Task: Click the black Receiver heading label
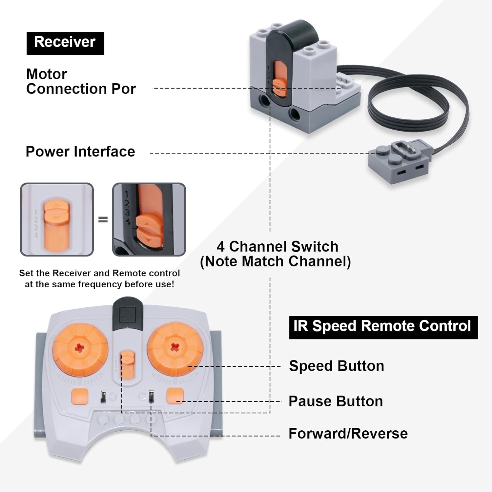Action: (x=65, y=43)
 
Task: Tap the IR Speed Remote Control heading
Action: (x=383, y=327)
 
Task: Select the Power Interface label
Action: (x=80, y=152)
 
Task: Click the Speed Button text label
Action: (x=337, y=366)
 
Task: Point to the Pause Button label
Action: (x=336, y=401)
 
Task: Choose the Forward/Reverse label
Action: (x=348, y=434)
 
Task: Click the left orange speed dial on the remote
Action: (x=80, y=350)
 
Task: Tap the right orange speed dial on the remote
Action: (x=175, y=348)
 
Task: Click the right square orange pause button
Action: (x=175, y=396)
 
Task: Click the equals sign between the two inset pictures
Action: (x=103, y=219)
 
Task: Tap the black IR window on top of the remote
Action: (x=127, y=314)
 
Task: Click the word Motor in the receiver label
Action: (x=47, y=74)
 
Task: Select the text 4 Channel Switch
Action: (x=277, y=247)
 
